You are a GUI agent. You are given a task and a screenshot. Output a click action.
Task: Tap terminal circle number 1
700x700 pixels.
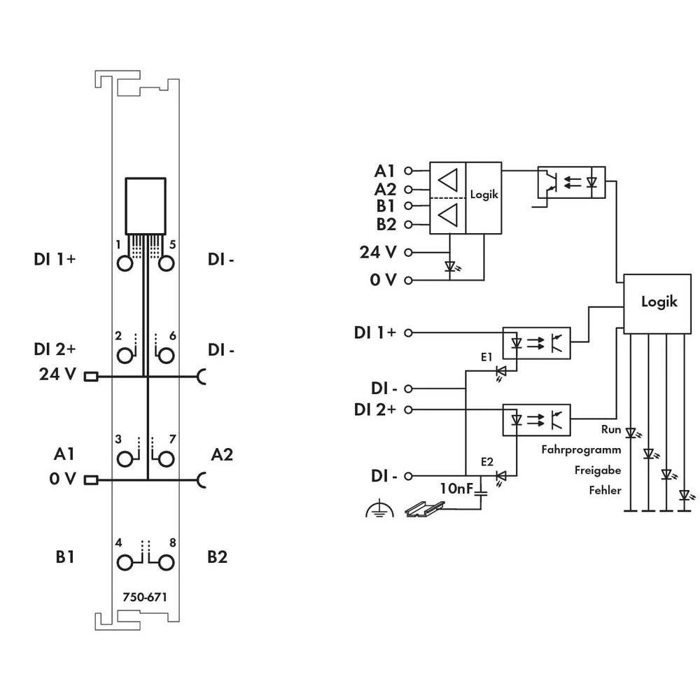[125, 263]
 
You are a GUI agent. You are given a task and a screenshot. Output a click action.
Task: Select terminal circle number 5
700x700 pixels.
[166, 263]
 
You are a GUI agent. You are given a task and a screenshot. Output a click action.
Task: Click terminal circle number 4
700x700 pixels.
[125, 562]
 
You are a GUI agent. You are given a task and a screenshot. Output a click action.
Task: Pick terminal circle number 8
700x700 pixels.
[166, 562]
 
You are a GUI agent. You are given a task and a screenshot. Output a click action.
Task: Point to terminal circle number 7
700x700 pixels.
[166, 459]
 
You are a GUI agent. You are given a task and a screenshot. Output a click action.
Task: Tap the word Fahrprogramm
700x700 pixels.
[581, 450]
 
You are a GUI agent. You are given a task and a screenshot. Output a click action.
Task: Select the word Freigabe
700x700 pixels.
[597, 470]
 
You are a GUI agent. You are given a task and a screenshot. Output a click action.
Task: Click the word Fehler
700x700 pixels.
[605, 490]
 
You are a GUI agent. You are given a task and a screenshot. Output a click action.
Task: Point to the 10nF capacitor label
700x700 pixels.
[456, 488]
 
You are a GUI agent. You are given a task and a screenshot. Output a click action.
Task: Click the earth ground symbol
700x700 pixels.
[379, 509]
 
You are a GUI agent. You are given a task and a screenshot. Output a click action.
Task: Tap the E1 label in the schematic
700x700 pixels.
[486, 356]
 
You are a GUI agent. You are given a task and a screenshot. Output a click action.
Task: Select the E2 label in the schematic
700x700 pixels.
[487, 463]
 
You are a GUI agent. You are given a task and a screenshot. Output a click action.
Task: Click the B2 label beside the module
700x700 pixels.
[218, 557]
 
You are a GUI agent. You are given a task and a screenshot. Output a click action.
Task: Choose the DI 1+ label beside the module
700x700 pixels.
[55, 259]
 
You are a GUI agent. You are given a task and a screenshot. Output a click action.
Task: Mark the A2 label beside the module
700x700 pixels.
[222, 455]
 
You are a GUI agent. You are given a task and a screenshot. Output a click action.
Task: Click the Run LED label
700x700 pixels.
[611, 429]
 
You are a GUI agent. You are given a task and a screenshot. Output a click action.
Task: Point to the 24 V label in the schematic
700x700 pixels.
[377, 251]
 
